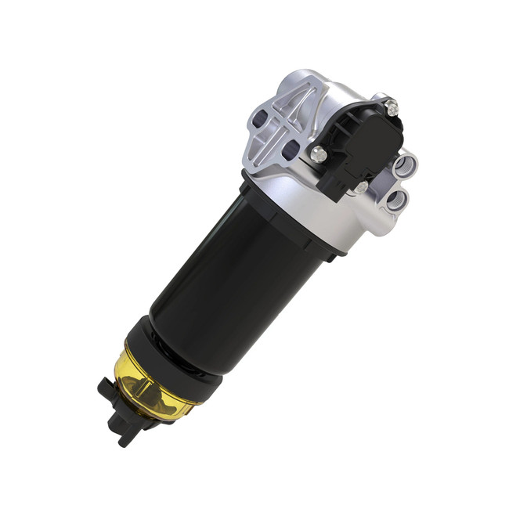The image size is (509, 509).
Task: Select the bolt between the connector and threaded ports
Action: pyautogui.click(x=360, y=188)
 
